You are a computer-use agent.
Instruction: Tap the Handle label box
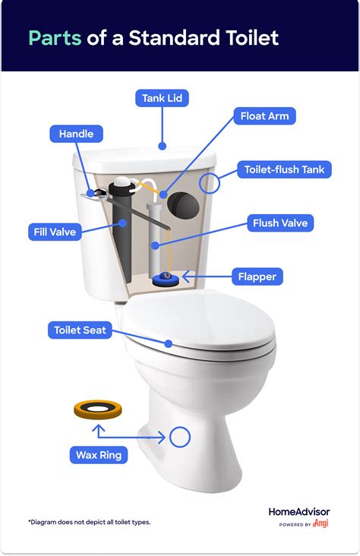(76, 134)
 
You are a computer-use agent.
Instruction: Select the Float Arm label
(264, 117)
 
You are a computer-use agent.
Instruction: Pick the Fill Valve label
(54, 231)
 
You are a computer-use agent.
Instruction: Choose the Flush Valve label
(279, 223)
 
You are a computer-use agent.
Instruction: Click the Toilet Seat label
(80, 330)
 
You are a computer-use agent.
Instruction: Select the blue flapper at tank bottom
(166, 280)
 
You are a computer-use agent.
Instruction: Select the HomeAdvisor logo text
(299, 511)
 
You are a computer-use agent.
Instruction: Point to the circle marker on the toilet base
(180, 436)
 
